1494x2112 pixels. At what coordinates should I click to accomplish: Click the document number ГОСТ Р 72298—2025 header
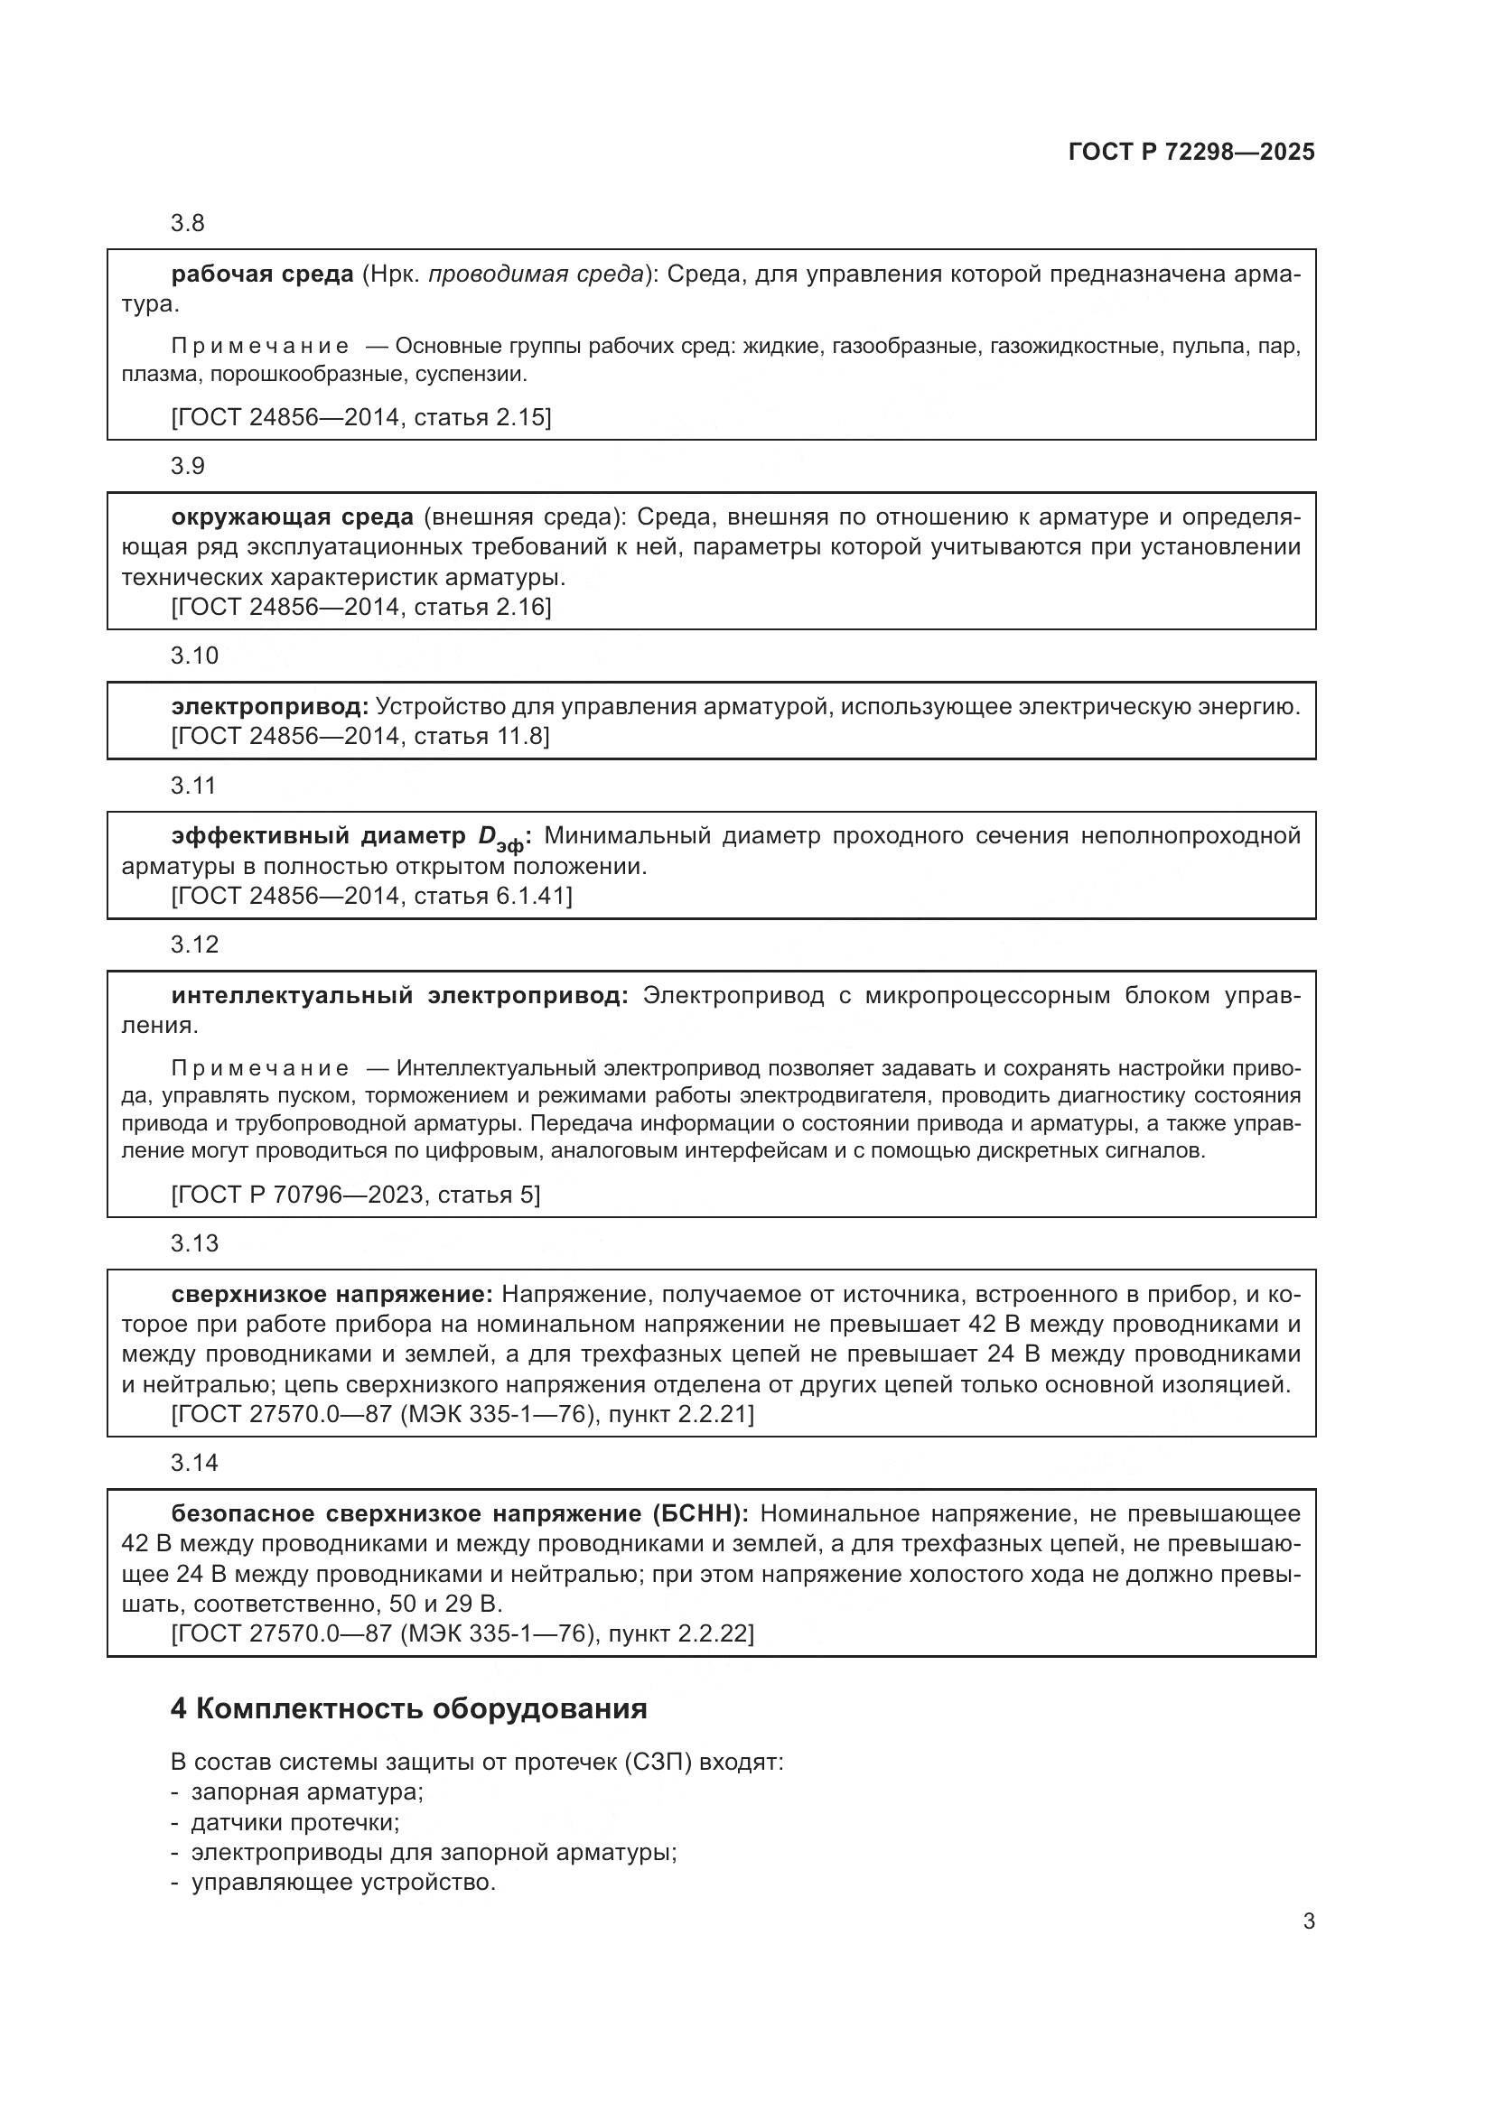[1191, 152]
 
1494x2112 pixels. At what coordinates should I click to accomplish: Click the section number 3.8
[188, 224]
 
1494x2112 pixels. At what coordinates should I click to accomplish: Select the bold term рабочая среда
[262, 274]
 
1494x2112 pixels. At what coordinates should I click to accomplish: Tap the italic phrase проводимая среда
[537, 274]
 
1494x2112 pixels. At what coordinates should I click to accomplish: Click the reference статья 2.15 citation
[361, 418]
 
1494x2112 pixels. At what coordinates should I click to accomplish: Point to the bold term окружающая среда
[292, 517]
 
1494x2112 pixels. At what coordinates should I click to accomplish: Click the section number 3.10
[194, 656]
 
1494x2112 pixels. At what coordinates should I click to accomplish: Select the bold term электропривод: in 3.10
[269, 706]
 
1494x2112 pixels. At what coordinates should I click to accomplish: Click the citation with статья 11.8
[360, 736]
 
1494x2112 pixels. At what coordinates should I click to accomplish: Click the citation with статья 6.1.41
[371, 896]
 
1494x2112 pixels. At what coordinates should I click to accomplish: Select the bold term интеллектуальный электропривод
[399, 995]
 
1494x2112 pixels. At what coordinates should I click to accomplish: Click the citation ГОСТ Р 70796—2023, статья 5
[356, 1195]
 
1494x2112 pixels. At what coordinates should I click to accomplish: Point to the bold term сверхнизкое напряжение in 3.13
[331, 1294]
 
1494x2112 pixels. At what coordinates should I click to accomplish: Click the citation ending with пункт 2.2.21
[462, 1414]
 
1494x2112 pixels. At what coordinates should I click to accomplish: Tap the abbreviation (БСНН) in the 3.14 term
[700, 1513]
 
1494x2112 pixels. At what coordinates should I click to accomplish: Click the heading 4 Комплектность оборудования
[408, 1708]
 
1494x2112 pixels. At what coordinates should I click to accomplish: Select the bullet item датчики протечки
[294, 1822]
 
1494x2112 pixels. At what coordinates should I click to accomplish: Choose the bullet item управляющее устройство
[343, 1882]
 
